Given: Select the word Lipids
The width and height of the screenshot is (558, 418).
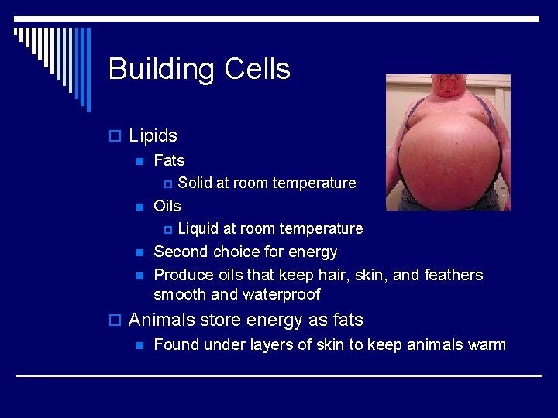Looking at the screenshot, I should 153,136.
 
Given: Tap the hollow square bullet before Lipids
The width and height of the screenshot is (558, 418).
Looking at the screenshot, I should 115,137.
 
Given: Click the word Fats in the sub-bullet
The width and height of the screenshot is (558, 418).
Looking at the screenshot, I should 169,160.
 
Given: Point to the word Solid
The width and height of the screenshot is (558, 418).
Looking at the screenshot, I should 195,183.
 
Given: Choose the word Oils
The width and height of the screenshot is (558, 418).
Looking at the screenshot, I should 167,206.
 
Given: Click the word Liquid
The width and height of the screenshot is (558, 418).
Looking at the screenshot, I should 199,229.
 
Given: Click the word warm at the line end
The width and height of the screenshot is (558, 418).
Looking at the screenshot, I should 484,344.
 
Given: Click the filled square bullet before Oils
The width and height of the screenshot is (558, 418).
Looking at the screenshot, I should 139,207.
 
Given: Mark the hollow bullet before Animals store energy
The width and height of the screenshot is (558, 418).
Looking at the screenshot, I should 115,320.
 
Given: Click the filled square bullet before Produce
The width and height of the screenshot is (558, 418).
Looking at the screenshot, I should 139,276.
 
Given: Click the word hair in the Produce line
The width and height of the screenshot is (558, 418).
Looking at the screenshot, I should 332,275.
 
